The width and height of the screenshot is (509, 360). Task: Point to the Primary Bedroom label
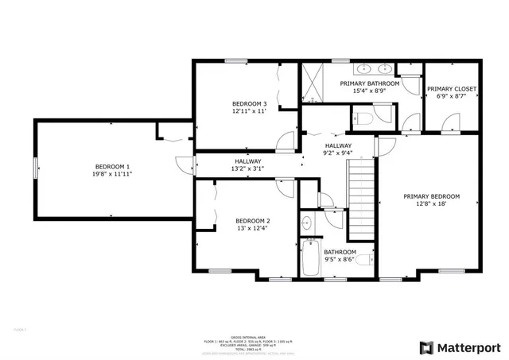click(431, 196)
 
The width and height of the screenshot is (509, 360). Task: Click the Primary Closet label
click(452, 89)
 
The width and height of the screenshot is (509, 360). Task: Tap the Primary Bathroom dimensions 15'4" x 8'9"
click(368, 91)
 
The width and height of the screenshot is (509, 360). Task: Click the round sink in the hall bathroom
click(307, 223)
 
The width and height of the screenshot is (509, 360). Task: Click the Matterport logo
click(460, 347)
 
